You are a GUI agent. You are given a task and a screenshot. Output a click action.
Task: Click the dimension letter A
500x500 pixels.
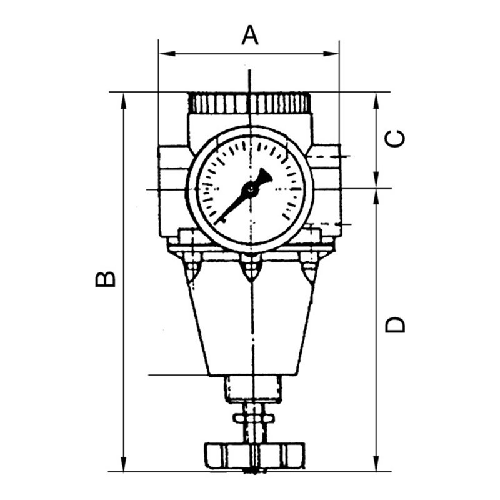[250, 36]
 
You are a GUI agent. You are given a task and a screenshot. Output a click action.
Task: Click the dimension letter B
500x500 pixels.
[106, 279]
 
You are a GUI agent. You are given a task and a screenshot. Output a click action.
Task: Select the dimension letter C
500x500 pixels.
[394, 138]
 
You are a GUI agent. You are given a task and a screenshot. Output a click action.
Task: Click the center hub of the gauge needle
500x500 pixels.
[250, 189]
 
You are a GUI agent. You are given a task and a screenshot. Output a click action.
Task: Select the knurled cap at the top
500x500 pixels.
[249, 103]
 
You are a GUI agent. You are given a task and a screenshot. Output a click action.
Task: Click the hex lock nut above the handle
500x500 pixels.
[254, 417]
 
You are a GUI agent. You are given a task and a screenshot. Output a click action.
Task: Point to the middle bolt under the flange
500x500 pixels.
[251, 269]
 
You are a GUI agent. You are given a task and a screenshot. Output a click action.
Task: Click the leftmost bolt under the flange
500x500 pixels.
[192, 269]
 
